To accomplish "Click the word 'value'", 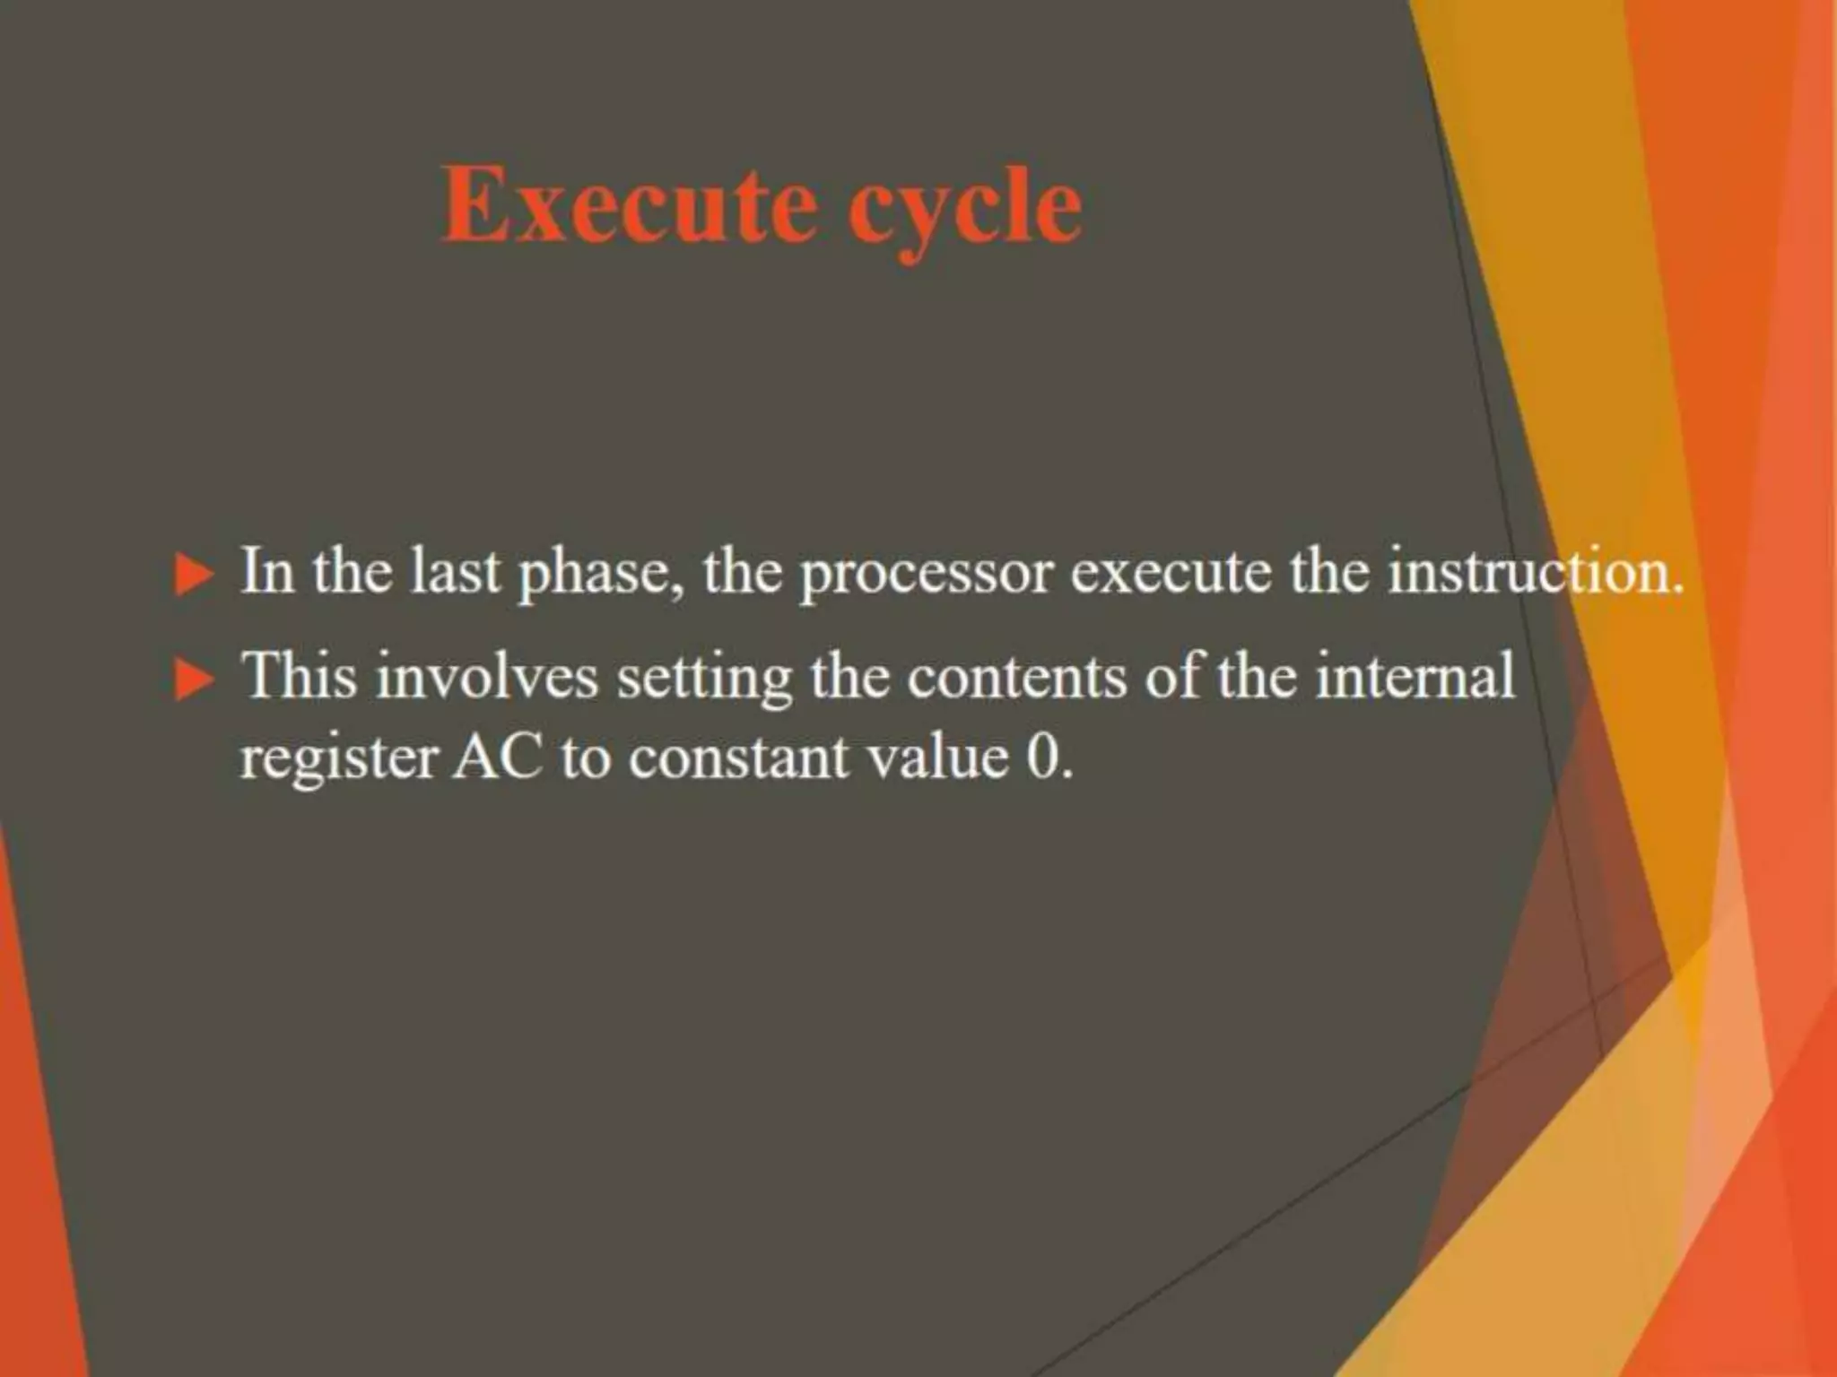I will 936,758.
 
